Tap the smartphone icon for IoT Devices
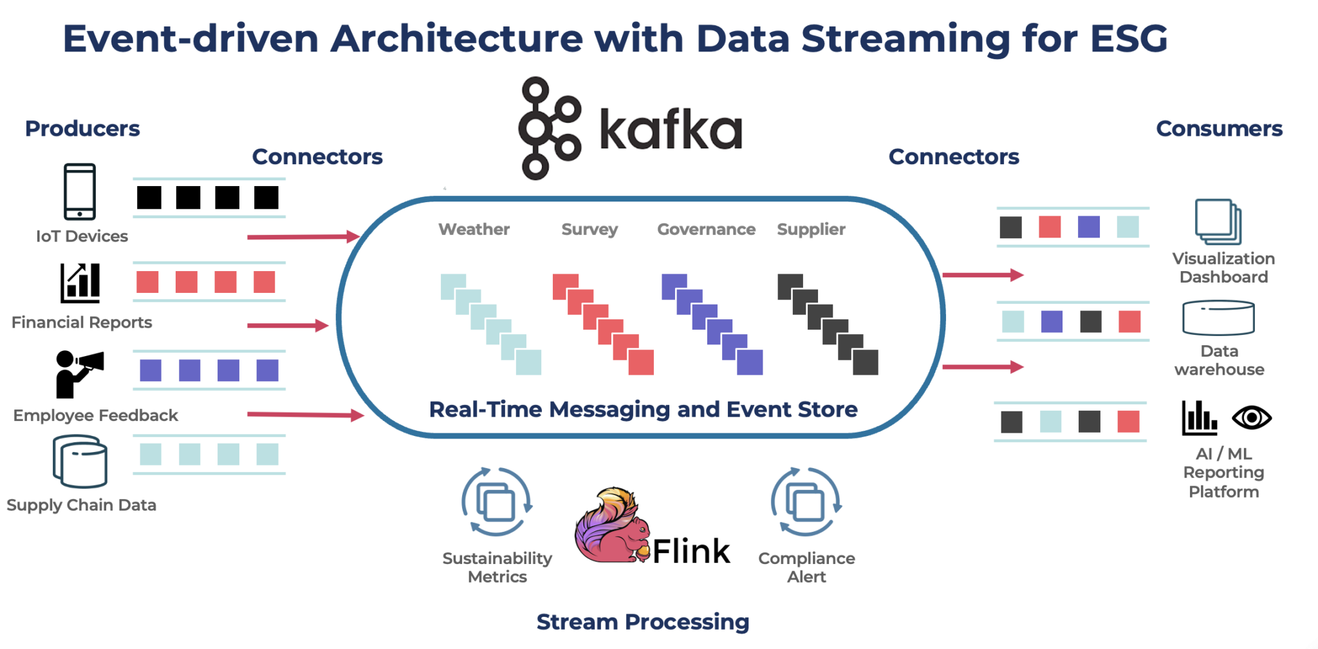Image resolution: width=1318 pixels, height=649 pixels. pos(80,192)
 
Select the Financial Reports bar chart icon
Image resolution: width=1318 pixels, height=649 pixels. pos(80,283)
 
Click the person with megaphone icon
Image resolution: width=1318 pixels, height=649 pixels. pos(78,374)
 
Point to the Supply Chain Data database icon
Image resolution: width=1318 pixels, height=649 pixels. pos(80,462)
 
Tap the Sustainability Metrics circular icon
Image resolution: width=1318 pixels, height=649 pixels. pos(497,502)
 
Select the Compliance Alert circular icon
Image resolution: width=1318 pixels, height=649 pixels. pos(806,502)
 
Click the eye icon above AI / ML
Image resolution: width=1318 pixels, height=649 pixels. pos(1251,418)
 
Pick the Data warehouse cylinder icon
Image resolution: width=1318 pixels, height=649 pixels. pos(1218,317)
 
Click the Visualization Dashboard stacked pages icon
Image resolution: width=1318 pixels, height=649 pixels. pos(1218,221)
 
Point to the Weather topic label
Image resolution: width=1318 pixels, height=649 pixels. pos(474,229)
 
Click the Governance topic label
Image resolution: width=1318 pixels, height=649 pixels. pos(706,229)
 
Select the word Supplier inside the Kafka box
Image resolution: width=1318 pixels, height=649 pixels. pos(811,229)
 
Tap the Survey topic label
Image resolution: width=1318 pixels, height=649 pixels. pos(589,229)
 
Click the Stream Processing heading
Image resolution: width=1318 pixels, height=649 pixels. pos(643,621)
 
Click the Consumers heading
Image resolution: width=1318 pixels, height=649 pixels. pos(1219,129)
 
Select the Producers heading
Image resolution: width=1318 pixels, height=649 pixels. pos(82,129)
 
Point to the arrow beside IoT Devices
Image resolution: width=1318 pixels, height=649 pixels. pos(302,237)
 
